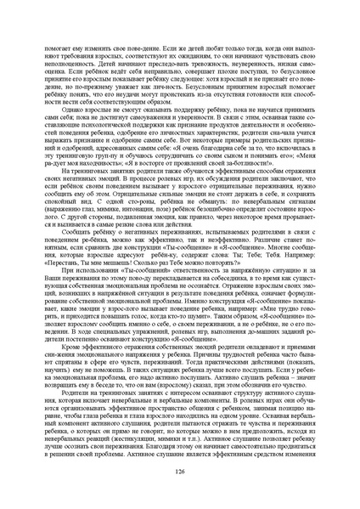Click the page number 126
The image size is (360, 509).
[x=179, y=471]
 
